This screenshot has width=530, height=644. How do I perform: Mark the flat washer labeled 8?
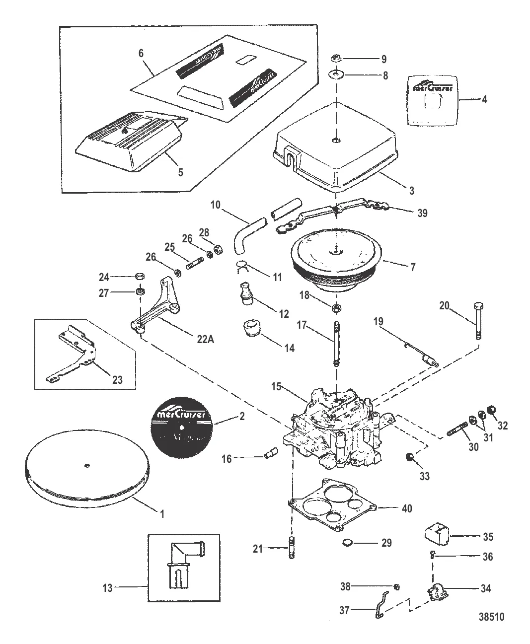[337, 75]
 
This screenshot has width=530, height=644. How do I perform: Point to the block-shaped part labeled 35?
[436, 535]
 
